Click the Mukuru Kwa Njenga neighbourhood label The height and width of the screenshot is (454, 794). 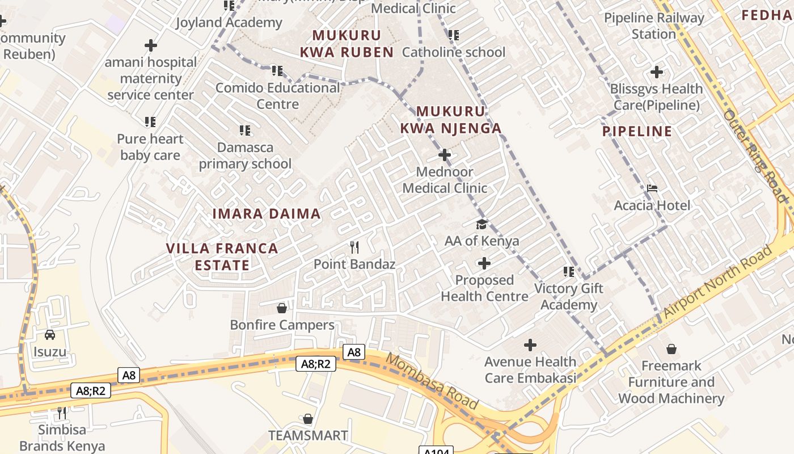[x=451, y=120]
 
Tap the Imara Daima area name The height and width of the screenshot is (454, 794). [x=266, y=214]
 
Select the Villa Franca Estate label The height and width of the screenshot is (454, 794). [x=222, y=257]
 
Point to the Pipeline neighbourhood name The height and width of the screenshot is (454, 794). [x=637, y=132]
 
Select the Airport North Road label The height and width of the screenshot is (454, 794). [x=717, y=282]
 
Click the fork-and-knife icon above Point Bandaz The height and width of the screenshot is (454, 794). [x=354, y=247]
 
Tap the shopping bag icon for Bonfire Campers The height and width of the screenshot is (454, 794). [x=281, y=308]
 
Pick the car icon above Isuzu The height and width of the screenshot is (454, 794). [x=50, y=335]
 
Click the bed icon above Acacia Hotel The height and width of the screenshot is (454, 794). [x=652, y=188]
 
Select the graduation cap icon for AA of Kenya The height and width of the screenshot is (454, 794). [x=482, y=224]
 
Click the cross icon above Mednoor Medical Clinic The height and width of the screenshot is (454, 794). [x=445, y=154]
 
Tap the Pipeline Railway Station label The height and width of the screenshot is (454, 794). [x=654, y=26]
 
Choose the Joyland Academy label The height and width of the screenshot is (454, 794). [x=229, y=23]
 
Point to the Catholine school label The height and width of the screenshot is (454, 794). [x=453, y=52]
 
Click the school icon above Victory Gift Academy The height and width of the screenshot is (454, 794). [x=569, y=272]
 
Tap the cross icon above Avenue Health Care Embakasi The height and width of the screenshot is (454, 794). [x=530, y=345]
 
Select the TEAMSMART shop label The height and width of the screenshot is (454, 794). [x=308, y=435]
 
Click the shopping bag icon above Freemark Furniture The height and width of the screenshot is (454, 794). [x=671, y=348]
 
